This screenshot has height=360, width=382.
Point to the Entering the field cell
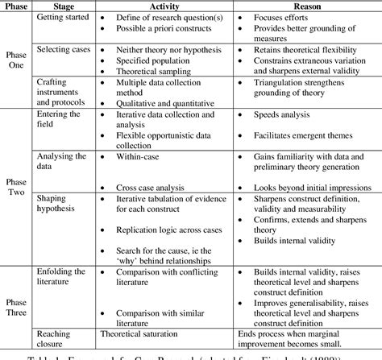(59, 119)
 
